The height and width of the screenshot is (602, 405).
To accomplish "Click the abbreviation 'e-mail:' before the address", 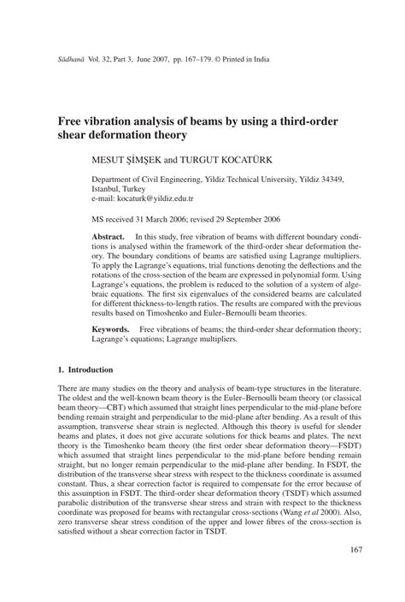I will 106,198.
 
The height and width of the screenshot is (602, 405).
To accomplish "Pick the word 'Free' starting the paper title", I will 72,121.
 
